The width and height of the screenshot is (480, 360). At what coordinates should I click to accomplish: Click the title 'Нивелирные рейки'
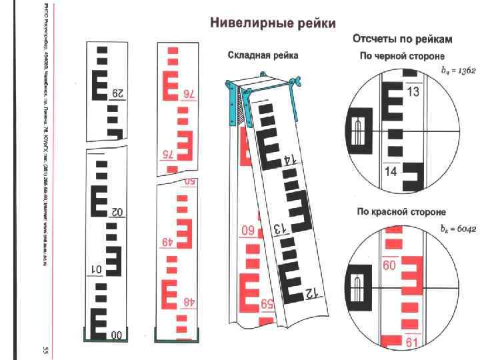pos(273,23)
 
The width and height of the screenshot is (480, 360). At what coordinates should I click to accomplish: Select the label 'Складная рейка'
pos(263,55)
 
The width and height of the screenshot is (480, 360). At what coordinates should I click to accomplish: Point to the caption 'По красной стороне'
pos(401,211)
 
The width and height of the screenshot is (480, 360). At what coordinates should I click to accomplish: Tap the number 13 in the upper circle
pos(413,92)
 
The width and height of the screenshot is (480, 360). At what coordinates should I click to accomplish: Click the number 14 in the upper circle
pos(392,171)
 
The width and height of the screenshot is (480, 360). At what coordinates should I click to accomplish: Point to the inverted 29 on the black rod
pos(118,93)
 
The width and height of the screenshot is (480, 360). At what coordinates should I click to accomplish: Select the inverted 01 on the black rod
pos(98,270)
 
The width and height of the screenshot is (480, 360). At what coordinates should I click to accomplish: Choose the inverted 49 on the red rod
pos(167,241)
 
